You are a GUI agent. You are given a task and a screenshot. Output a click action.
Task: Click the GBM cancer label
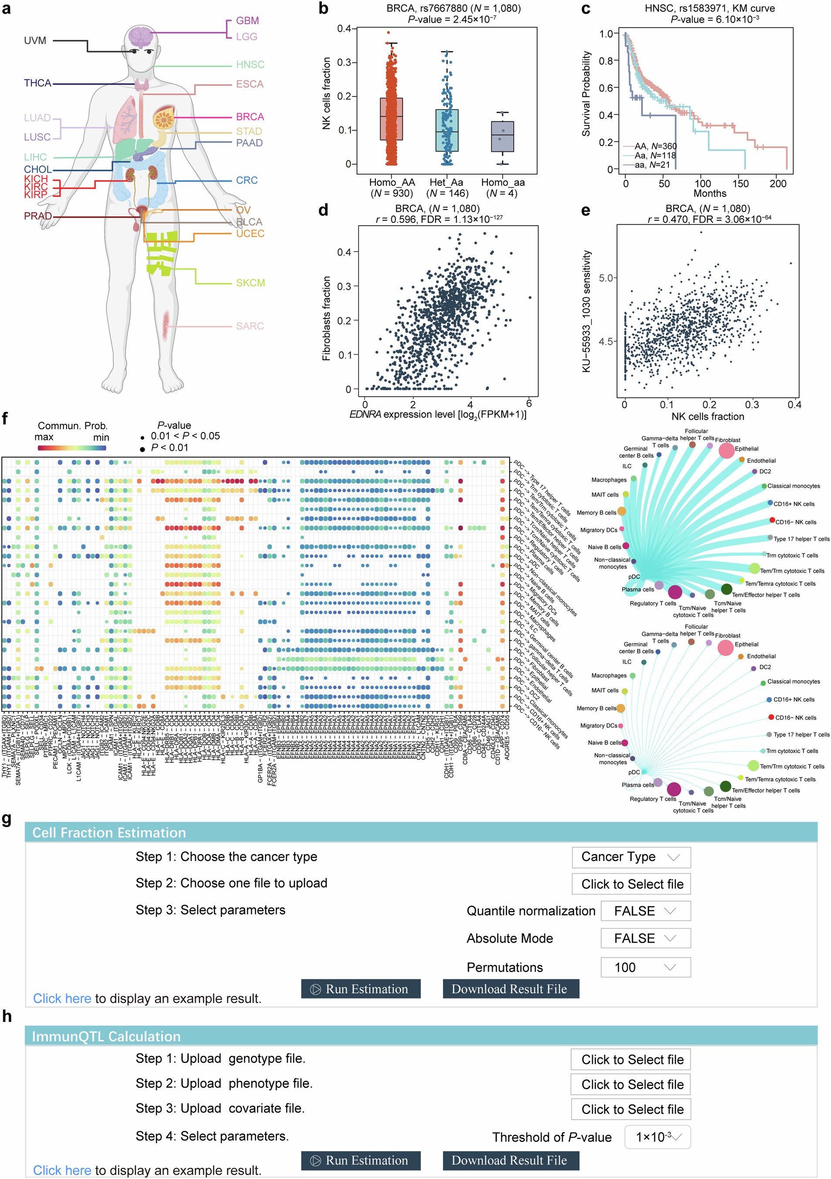tap(247, 20)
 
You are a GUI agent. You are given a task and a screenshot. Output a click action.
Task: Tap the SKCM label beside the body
tap(250, 283)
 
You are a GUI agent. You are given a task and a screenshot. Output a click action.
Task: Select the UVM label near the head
tap(35, 41)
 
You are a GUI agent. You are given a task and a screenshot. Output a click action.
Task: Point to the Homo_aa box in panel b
tap(502, 137)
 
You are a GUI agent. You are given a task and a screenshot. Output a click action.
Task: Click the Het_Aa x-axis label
tap(446, 182)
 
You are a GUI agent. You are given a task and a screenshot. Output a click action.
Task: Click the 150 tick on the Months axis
tap(740, 183)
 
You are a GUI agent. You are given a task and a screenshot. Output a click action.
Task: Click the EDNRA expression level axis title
tap(438, 414)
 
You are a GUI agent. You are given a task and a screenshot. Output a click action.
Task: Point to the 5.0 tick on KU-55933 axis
tap(607, 278)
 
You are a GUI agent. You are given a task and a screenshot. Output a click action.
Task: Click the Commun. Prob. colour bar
tap(72, 448)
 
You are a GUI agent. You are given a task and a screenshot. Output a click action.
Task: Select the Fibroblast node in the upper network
tap(726, 450)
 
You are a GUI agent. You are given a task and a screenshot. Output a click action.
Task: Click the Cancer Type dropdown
tap(631, 857)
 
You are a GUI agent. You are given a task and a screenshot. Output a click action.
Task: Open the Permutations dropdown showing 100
tap(645, 967)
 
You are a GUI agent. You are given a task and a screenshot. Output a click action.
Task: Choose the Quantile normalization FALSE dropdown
tap(645, 911)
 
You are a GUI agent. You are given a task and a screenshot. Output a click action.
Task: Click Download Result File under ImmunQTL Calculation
tap(510, 1161)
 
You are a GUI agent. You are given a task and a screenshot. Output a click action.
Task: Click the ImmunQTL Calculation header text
tap(106, 1036)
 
